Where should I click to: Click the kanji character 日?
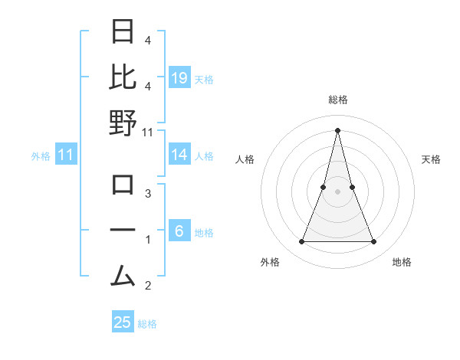click(x=123, y=33)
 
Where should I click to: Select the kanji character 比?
click(x=123, y=77)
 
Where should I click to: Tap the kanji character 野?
click(x=123, y=123)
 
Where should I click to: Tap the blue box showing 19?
click(x=179, y=78)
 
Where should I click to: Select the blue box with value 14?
click(x=179, y=155)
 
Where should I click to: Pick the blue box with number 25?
click(x=123, y=322)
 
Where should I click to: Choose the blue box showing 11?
click(x=66, y=155)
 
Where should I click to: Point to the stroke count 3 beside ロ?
click(x=148, y=194)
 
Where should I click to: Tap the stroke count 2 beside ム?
click(x=148, y=286)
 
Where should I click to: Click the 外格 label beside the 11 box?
click(x=41, y=155)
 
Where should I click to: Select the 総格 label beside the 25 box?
click(x=147, y=324)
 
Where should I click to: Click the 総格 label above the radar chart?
click(x=337, y=100)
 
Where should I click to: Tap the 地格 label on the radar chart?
click(x=402, y=262)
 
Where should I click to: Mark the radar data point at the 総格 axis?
click(x=337, y=129)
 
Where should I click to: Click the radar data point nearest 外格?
click(x=301, y=242)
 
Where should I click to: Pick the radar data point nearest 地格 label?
click(x=373, y=242)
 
